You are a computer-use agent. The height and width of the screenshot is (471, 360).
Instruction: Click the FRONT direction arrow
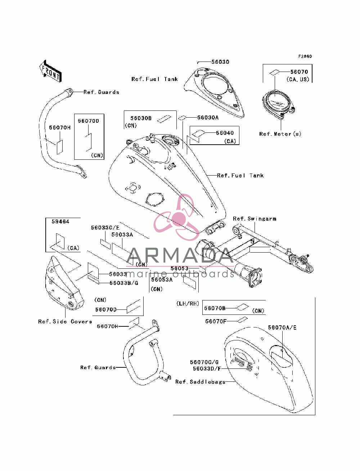51,71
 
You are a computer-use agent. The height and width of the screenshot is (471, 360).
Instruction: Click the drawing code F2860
305,56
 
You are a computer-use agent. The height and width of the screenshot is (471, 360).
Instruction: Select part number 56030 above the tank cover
220,62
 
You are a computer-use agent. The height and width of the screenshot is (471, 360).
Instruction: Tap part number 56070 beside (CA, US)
299,72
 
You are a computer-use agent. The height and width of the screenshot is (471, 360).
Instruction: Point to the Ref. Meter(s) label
280,134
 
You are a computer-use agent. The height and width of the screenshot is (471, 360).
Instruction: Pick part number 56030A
208,117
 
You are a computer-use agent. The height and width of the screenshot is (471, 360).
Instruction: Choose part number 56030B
141,118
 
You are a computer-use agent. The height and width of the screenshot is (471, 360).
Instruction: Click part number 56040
225,133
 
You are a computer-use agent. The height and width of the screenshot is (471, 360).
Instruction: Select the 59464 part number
60,222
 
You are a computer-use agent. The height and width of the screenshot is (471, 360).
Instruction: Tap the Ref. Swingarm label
255,219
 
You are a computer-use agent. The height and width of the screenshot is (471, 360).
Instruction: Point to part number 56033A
122,235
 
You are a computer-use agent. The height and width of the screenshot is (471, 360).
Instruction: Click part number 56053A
162,280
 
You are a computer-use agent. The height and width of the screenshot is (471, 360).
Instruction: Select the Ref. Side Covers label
65,321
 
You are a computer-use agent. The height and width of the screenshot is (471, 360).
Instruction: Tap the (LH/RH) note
188,304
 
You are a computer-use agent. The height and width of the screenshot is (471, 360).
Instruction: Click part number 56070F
216,321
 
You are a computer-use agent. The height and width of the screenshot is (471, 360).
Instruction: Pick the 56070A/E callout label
282,327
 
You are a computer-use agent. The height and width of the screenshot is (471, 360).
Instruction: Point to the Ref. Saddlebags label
200,382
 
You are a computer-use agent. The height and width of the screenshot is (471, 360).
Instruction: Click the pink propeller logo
176,217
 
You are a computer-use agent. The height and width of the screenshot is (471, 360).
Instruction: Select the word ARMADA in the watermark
180,255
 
